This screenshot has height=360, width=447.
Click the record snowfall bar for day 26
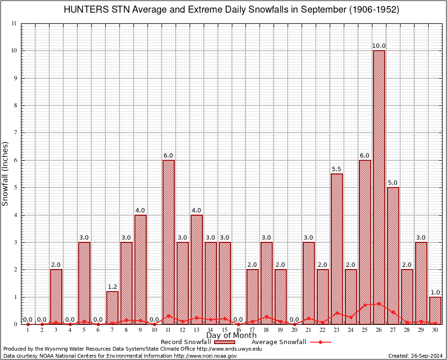379,187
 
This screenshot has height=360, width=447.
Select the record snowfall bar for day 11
169,242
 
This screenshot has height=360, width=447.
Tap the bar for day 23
336,248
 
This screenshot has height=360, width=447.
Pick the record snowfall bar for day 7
112,307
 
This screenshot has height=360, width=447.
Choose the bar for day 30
435,310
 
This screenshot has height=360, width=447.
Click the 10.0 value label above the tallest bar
379,46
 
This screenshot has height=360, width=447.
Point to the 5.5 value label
336,169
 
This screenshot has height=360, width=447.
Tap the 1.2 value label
112,287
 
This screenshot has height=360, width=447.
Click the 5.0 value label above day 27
393,183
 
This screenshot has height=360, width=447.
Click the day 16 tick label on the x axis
238,330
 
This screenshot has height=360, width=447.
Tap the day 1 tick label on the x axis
28,330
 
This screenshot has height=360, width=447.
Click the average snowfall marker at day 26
379,304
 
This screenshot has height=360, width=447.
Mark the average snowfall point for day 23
336,313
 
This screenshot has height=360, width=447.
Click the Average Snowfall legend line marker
320,342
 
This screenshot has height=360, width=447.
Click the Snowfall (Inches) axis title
5,173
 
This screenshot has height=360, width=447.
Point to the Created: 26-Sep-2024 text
416,356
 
